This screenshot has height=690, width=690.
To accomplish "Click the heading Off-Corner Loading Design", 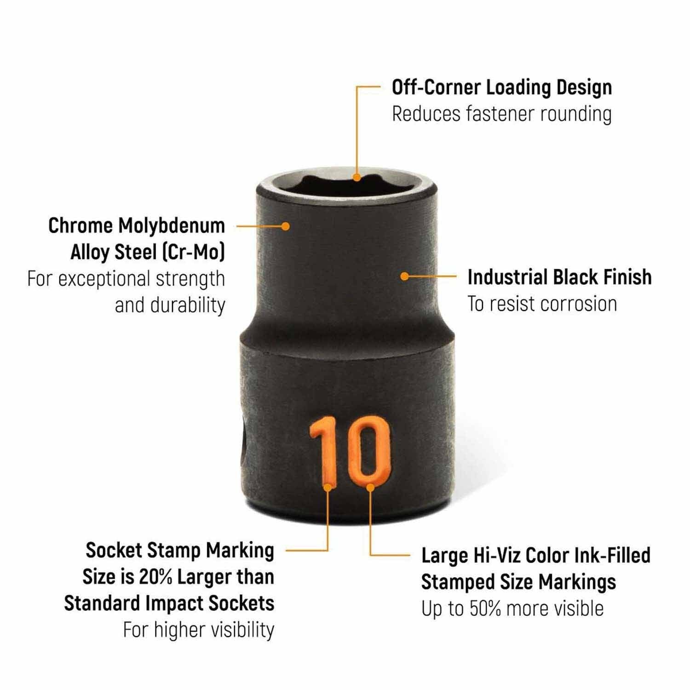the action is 502,87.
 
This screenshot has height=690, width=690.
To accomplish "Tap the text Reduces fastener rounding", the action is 502,114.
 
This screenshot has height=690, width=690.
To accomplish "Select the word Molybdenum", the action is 172,226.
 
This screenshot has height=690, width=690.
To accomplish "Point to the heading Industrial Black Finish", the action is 560,277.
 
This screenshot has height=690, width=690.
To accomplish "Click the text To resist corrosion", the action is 542,304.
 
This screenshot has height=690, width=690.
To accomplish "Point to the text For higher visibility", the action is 199,630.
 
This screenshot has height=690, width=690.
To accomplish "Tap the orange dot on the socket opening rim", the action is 357,177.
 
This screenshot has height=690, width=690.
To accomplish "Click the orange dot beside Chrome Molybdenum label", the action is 286,226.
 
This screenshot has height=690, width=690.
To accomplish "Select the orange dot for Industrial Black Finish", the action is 404,276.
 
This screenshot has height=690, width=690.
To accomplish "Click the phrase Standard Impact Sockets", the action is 169,604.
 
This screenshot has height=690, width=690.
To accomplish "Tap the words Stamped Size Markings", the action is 519,582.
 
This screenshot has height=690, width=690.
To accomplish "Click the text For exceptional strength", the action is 126,279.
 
